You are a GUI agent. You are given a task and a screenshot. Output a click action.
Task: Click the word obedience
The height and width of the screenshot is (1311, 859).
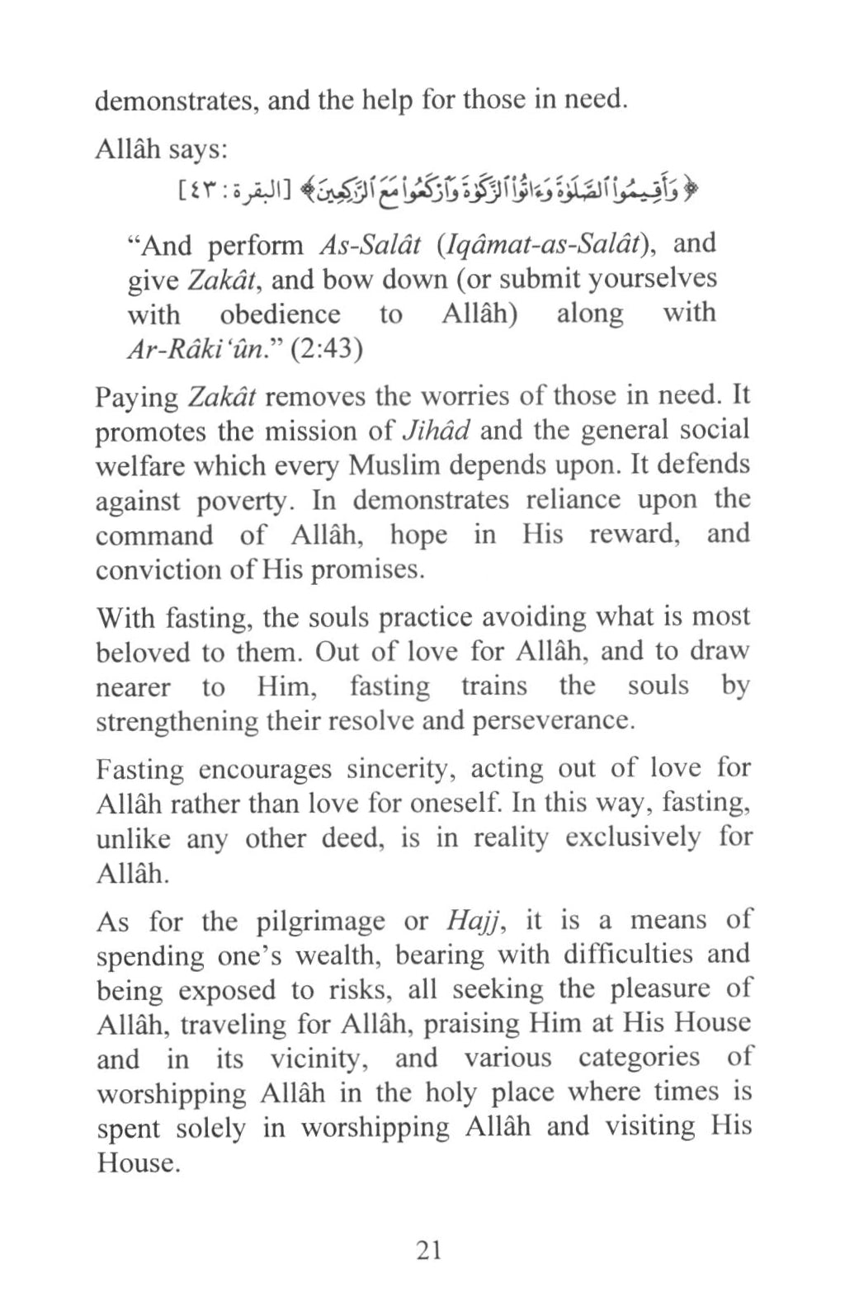pyautogui.click(x=280, y=314)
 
